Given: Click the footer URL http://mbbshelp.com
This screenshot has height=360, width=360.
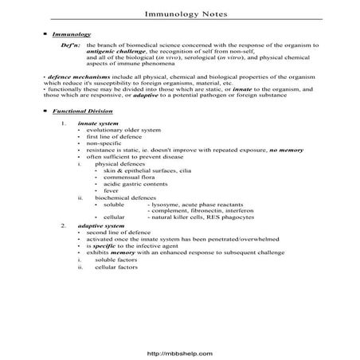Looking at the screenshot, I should pyautogui.click(x=180, y=347).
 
